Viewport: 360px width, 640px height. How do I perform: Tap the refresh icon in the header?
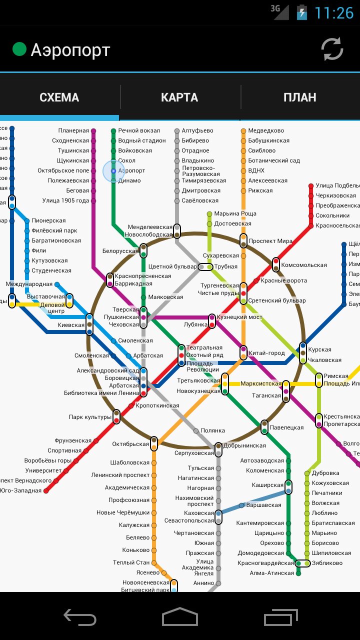click(x=332, y=49)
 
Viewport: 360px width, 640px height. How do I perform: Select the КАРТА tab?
click(x=179, y=97)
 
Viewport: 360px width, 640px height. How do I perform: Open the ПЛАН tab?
click(x=300, y=97)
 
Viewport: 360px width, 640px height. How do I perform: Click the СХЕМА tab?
click(x=59, y=97)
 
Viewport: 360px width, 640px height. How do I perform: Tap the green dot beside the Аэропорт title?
click(x=19, y=49)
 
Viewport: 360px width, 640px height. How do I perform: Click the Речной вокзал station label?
click(x=139, y=130)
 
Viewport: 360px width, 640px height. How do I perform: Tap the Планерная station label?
click(x=73, y=130)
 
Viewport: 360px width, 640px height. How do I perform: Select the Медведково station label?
click(x=266, y=130)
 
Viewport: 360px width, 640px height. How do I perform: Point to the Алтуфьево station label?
click(x=197, y=130)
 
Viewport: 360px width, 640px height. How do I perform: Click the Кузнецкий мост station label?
click(x=239, y=317)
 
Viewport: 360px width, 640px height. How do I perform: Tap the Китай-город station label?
click(x=266, y=353)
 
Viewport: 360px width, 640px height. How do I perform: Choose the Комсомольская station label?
click(x=304, y=265)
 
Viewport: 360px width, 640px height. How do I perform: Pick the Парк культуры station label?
click(x=90, y=417)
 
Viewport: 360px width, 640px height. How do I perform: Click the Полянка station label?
click(x=212, y=430)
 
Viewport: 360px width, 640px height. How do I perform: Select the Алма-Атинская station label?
click(x=272, y=573)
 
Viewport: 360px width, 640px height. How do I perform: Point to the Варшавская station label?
click(x=263, y=505)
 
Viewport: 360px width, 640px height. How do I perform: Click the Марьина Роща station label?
click(x=235, y=213)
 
